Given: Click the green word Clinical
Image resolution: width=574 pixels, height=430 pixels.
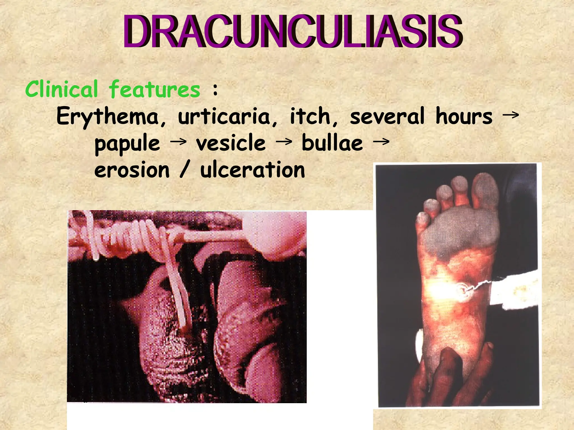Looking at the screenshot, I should coord(62,89).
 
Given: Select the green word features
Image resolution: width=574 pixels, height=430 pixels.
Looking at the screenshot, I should coord(155,89).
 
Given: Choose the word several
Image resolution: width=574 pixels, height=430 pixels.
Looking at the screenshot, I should coord(387,116).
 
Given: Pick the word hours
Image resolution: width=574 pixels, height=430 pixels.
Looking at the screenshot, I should coord(464,116).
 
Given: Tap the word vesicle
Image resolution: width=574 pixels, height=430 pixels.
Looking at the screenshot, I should coord(231,143).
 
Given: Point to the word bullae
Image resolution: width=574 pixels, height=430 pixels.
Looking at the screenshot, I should coord(332,143).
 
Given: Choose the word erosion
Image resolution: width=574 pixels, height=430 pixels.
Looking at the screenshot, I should coord(132,170).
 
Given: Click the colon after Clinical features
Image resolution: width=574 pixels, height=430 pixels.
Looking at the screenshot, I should coord(215,90).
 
